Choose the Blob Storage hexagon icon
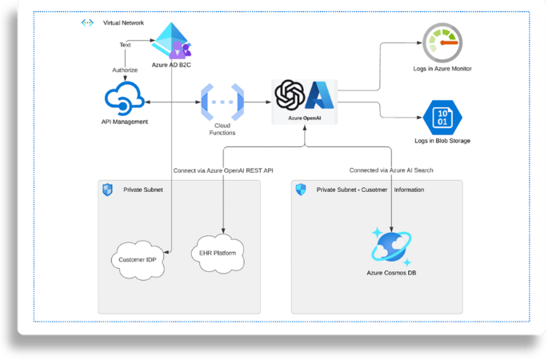coord(442,118)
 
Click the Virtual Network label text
coord(124,22)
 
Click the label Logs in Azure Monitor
coord(443,69)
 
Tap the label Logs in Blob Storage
coord(442,141)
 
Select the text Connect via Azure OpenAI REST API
coord(228,170)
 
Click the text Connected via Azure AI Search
coord(391,170)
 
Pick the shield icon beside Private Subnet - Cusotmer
coord(301,190)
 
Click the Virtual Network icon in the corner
coord(87,22)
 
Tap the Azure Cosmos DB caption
coord(390,274)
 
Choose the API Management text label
coord(126,122)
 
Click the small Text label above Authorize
coord(125,46)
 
